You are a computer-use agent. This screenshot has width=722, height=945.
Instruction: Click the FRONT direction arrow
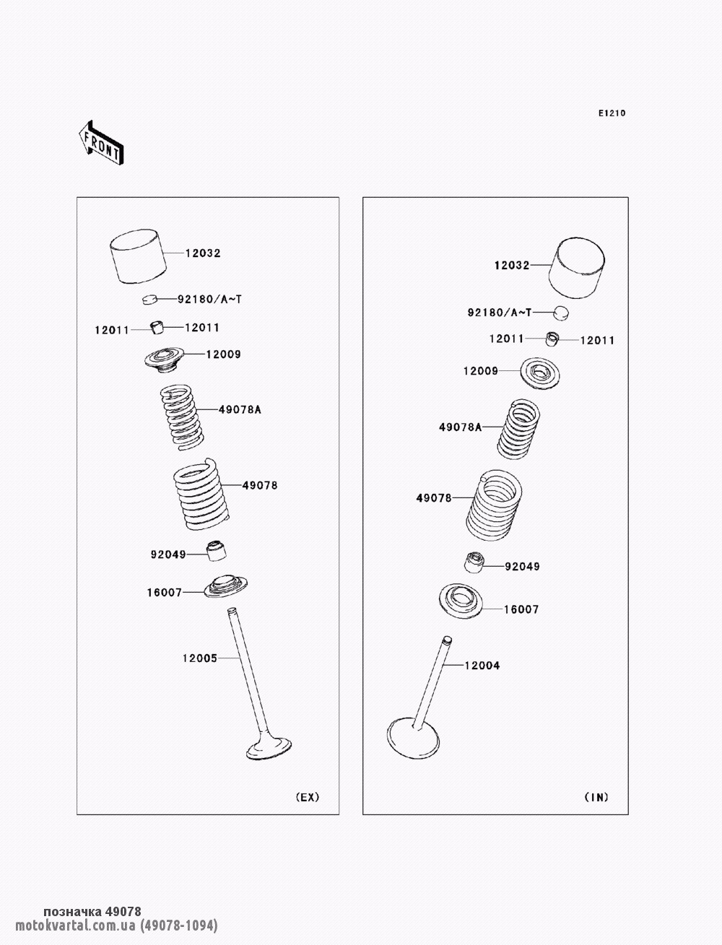click(101, 143)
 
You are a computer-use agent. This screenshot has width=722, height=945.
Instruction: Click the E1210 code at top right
click(612, 113)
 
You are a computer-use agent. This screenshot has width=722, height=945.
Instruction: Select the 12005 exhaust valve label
click(200, 658)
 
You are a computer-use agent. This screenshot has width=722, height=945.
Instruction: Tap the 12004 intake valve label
click(482, 666)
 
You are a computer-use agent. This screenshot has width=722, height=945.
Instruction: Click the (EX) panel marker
click(308, 797)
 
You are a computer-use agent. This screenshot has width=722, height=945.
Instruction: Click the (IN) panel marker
click(596, 797)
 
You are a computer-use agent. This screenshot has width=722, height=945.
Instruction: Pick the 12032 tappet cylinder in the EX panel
click(138, 256)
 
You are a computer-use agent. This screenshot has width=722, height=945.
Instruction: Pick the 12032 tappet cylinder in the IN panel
click(576, 267)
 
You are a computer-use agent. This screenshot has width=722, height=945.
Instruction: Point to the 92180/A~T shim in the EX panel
click(150, 299)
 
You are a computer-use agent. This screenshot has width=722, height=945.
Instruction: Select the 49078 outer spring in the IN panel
click(494, 505)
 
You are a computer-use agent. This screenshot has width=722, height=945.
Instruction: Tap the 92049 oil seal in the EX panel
click(217, 551)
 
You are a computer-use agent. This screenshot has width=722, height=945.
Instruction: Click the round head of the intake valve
click(413, 738)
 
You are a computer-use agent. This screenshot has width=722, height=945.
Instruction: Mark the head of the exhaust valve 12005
click(269, 748)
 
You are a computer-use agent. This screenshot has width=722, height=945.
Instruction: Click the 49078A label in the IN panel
click(460, 427)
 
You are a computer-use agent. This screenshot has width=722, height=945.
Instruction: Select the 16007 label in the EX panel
click(165, 593)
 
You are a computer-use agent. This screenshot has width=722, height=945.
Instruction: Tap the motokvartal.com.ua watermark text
click(75, 925)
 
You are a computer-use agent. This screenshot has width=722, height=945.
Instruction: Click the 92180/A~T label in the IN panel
click(500, 313)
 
